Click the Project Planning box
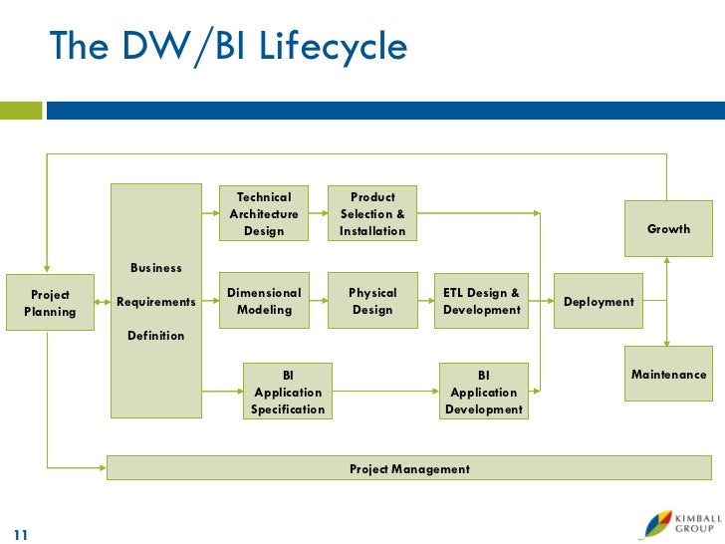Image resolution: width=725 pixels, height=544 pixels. point(50,302)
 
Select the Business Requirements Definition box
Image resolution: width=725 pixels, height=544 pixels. point(155,301)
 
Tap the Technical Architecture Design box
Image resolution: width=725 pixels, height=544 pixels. point(264,213)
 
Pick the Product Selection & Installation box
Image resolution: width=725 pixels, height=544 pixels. point(373,213)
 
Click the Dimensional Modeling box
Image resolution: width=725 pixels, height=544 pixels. point(264,301)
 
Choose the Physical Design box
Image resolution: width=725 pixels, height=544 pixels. point(372,301)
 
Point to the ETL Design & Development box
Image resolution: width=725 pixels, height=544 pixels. point(482,301)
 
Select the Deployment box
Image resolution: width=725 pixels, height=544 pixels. point(599,301)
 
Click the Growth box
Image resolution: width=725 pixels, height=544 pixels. point(668,228)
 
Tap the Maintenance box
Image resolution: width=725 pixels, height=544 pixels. point(668,375)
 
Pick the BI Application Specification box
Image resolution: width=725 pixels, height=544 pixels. point(288,392)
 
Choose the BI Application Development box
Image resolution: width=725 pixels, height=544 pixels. point(484,392)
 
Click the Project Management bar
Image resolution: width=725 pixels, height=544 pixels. point(409,468)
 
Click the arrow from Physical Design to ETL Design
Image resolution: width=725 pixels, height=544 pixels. point(427,301)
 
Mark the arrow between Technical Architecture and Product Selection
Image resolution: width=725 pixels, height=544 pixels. point(319,213)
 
